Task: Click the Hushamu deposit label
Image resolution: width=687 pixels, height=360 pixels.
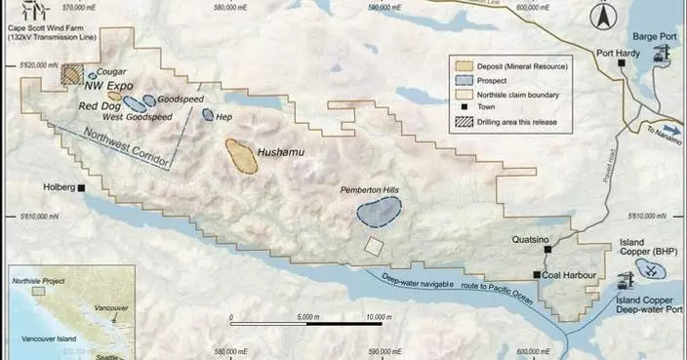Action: coord(281,153)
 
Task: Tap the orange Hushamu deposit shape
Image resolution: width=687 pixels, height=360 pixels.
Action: coord(240,156)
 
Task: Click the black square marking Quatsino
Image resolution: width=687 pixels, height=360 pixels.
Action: coord(535,252)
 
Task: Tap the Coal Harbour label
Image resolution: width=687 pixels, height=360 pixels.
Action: coord(568,276)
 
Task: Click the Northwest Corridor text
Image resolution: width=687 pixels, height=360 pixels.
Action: coord(123,147)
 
